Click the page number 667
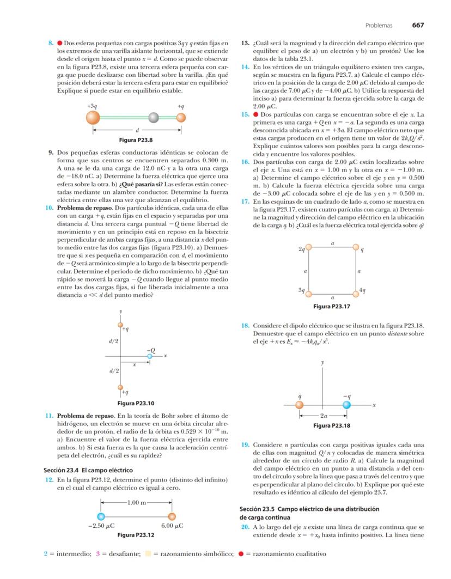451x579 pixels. (418, 25)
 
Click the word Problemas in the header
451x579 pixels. (377, 25)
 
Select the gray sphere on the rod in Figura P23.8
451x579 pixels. (154, 117)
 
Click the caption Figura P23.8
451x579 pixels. (139, 140)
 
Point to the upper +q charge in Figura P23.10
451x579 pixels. (120, 325)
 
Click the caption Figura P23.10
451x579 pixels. (136, 404)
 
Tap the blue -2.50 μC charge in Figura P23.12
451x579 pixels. (100, 517)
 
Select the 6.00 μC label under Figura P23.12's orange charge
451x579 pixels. (172, 527)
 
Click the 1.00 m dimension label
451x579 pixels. (136, 502)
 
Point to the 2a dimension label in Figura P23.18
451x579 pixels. (323, 416)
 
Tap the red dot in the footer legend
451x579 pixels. (241, 554)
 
